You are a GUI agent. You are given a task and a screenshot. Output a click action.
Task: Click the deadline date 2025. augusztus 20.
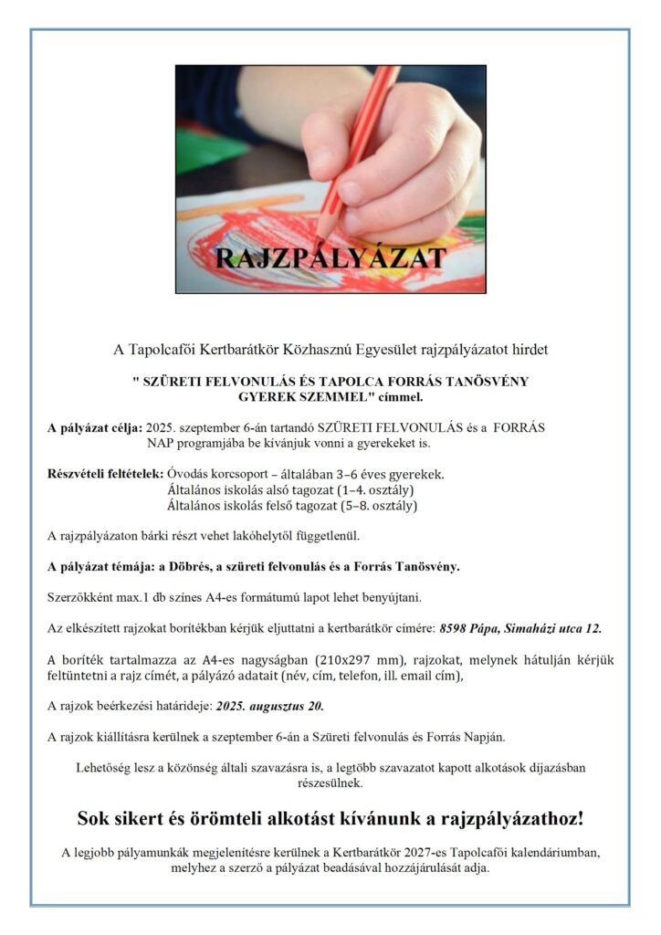(270, 706)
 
